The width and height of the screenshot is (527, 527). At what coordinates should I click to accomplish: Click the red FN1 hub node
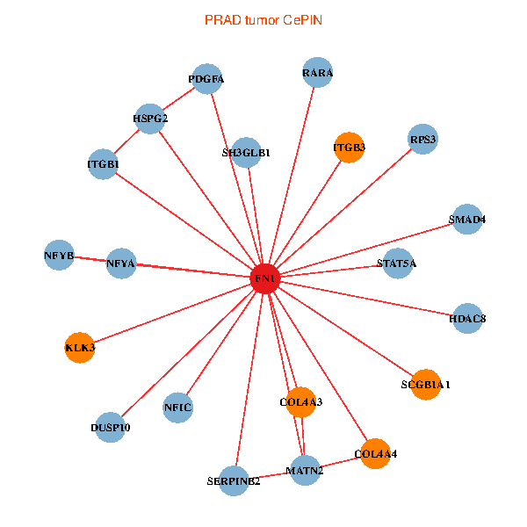(x=265, y=278)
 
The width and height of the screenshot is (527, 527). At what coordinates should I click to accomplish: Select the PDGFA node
(x=206, y=79)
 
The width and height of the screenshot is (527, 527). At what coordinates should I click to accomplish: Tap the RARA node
(x=317, y=73)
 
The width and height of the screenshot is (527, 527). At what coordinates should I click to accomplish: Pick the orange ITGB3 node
(x=350, y=147)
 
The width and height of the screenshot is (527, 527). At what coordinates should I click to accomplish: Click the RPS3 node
(x=422, y=139)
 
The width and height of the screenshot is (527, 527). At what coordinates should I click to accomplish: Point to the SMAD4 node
(x=467, y=219)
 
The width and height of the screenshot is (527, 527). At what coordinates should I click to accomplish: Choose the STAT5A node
(x=396, y=263)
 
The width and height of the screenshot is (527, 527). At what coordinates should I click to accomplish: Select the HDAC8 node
(x=467, y=317)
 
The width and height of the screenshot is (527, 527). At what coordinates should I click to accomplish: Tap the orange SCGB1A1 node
(x=425, y=384)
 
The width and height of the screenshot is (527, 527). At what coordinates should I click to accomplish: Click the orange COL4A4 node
(x=376, y=453)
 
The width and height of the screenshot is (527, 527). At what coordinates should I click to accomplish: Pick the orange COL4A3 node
(x=301, y=401)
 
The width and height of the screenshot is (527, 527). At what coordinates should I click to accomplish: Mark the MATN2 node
(x=305, y=470)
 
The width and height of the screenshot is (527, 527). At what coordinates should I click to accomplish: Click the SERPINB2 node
(x=234, y=480)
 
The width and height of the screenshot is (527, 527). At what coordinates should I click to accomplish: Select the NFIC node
(x=177, y=407)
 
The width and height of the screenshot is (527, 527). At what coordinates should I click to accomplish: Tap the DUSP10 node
(x=111, y=427)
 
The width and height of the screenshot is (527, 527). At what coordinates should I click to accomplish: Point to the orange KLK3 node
(x=80, y=347)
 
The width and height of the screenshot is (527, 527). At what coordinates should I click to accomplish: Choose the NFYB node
(x=59, y=255)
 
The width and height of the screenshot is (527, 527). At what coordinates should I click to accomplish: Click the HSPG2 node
(x=150, y=118)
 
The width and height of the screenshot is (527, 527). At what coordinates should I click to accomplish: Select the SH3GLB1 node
(x=247, y=152)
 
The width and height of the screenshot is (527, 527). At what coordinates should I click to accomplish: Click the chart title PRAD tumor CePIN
(x=263, y=19)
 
